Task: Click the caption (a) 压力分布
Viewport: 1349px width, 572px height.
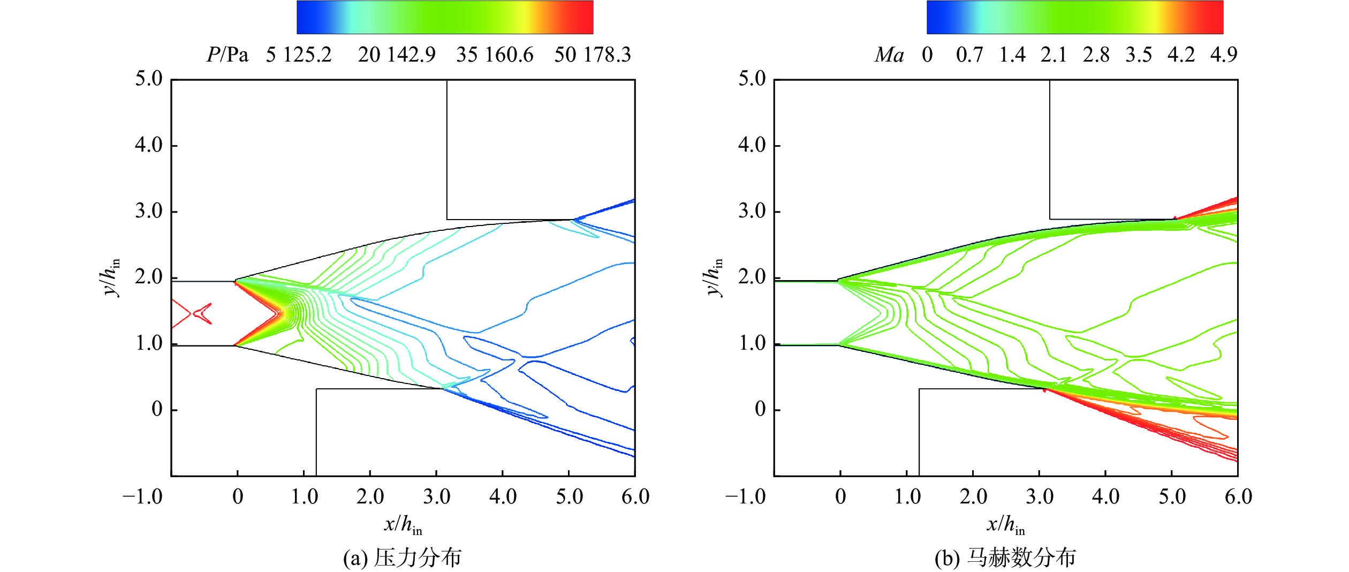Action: pos(402,558)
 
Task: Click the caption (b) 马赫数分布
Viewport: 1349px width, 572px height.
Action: pos(1005,558)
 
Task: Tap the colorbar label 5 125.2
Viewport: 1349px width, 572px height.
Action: pos(299,55)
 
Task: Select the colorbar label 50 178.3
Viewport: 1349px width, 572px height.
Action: pos(593,55)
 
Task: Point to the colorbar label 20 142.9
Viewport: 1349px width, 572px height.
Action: pos(397,55)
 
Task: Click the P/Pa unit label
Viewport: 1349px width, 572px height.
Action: pos(228,55)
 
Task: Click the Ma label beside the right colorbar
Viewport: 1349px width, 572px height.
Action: pos(889,55)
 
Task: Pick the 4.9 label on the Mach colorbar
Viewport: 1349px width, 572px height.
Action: pos(1224,55)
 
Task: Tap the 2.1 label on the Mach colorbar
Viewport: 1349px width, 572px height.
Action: pos(1054,55)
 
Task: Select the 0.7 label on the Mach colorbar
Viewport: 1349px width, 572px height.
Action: pos(969,55)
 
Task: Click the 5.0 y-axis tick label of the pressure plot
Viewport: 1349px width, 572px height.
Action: pos(149,79)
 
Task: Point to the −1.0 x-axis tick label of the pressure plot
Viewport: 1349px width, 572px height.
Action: pos(142,497)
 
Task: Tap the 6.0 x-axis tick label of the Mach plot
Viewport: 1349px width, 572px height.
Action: pos(1238,497)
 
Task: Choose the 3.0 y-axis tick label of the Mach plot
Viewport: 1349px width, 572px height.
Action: pos(752,211)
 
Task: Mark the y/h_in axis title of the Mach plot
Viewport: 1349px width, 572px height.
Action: pos(714,277)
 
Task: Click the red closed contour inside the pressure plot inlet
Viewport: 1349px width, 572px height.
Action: pos(203,313)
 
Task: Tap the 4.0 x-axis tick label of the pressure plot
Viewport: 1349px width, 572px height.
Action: pos(503,497)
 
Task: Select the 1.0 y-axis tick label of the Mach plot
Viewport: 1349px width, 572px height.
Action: pos(752,343)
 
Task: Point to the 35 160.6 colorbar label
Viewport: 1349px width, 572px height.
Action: pos(495,55)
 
